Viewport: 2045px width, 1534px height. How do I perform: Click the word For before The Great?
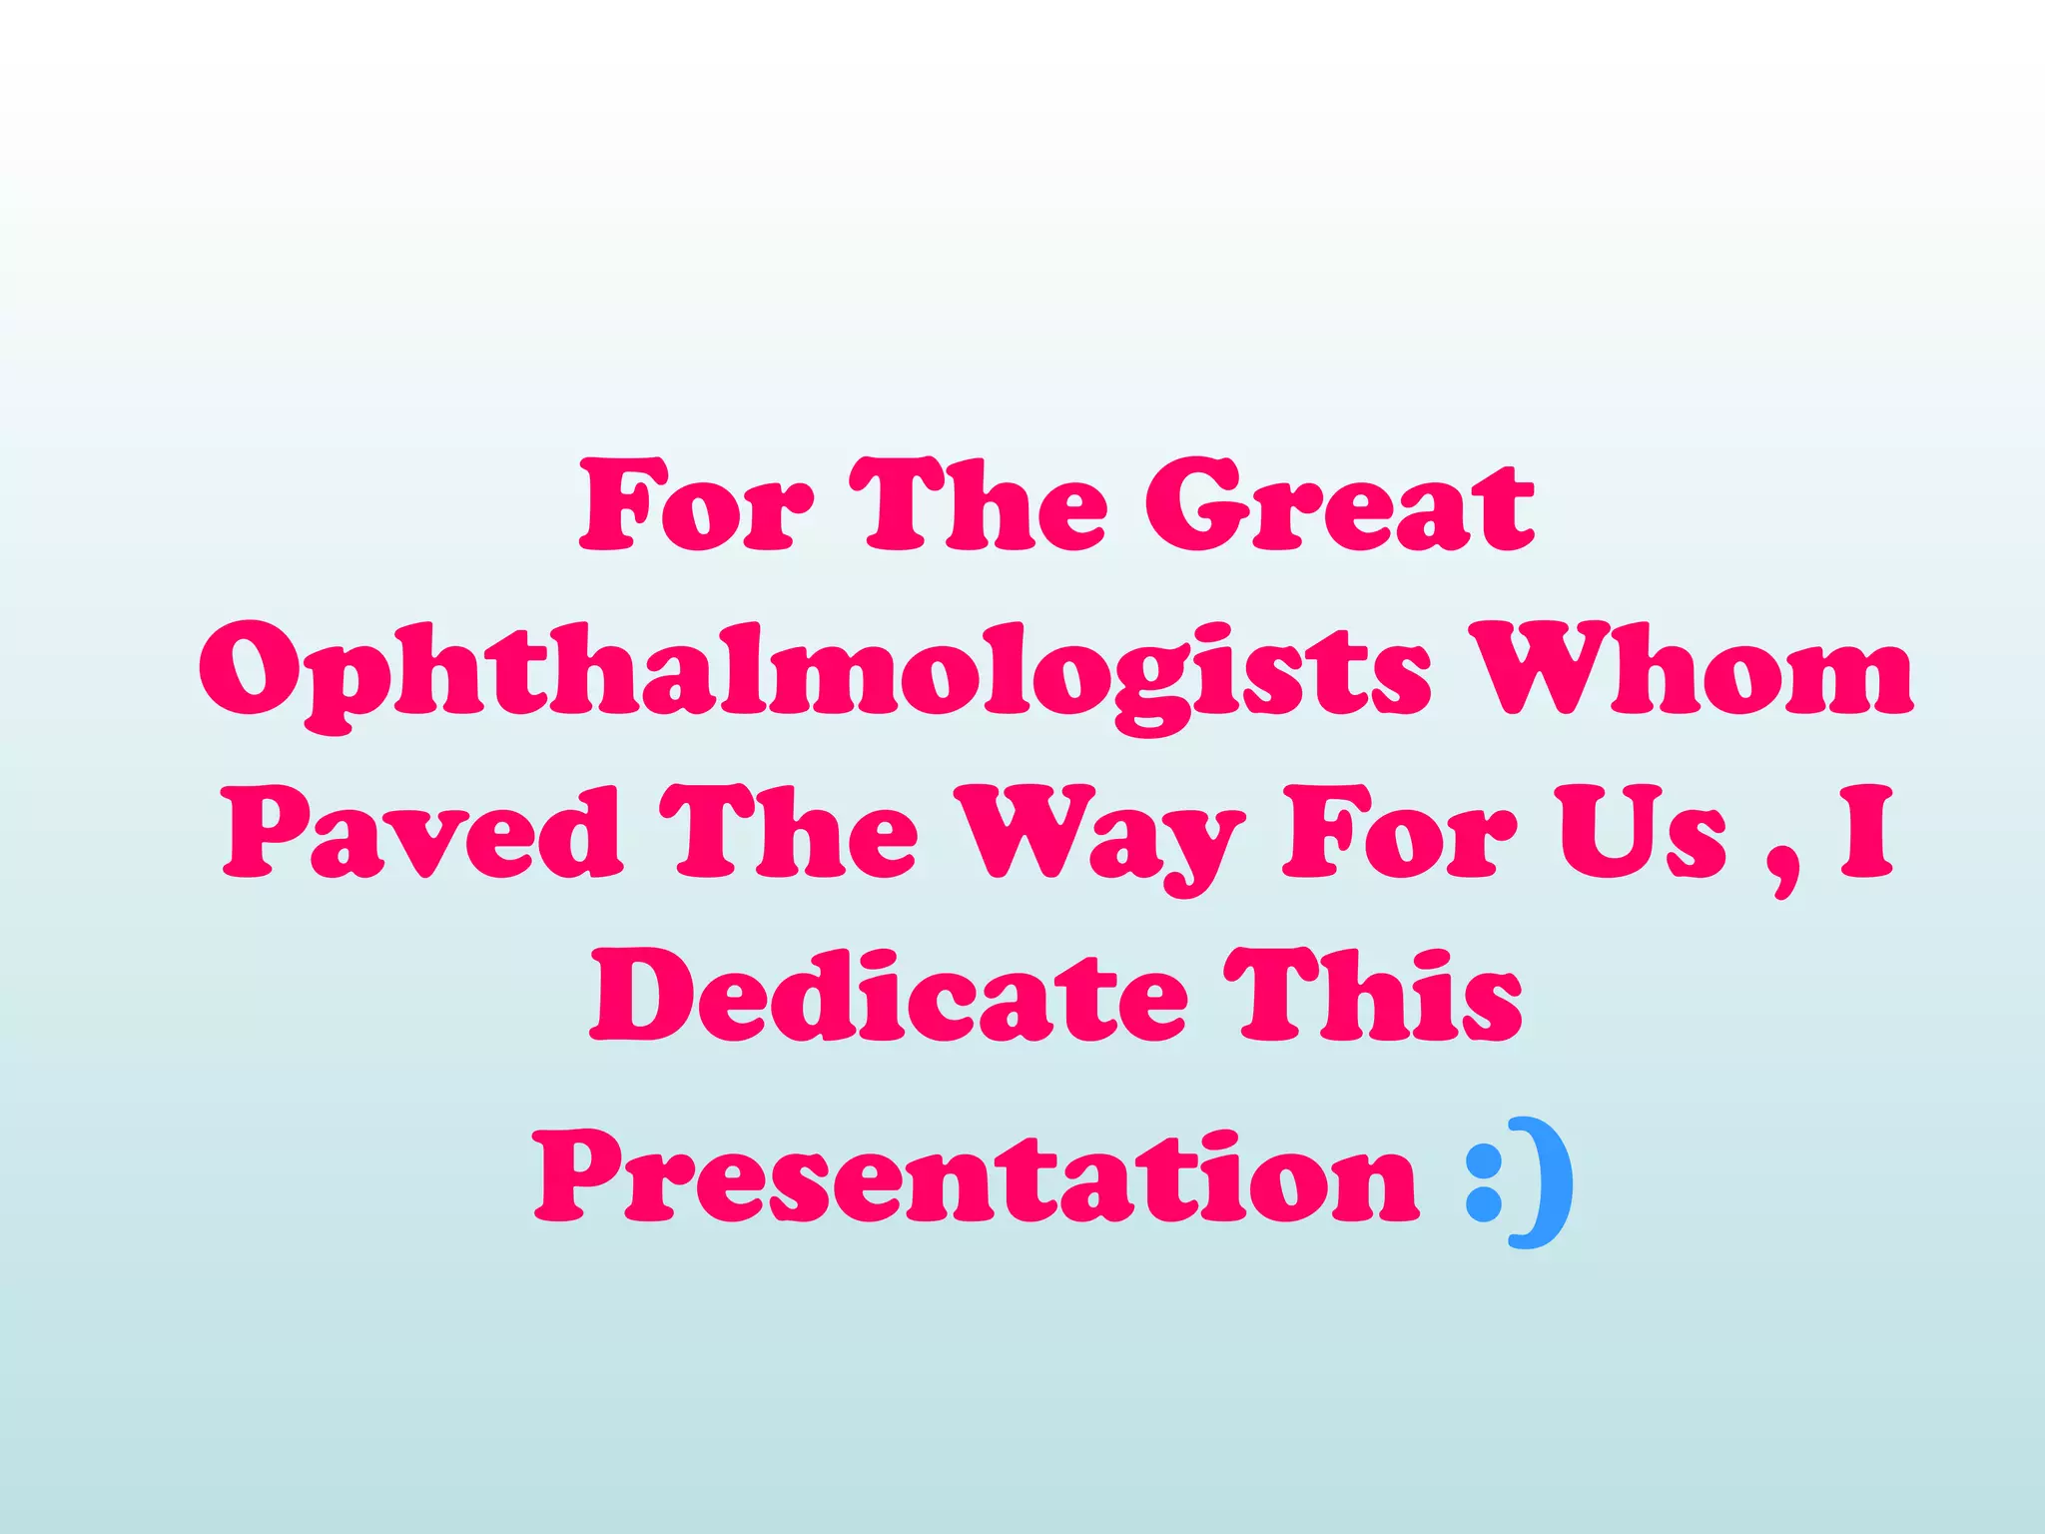tap(697, 505)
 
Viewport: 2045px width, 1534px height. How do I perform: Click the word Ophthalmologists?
tap(815, 671)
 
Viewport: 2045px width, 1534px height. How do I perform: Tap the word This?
tap(1374, 995)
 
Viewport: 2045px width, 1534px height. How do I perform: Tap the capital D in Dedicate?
tap(643, 995)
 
